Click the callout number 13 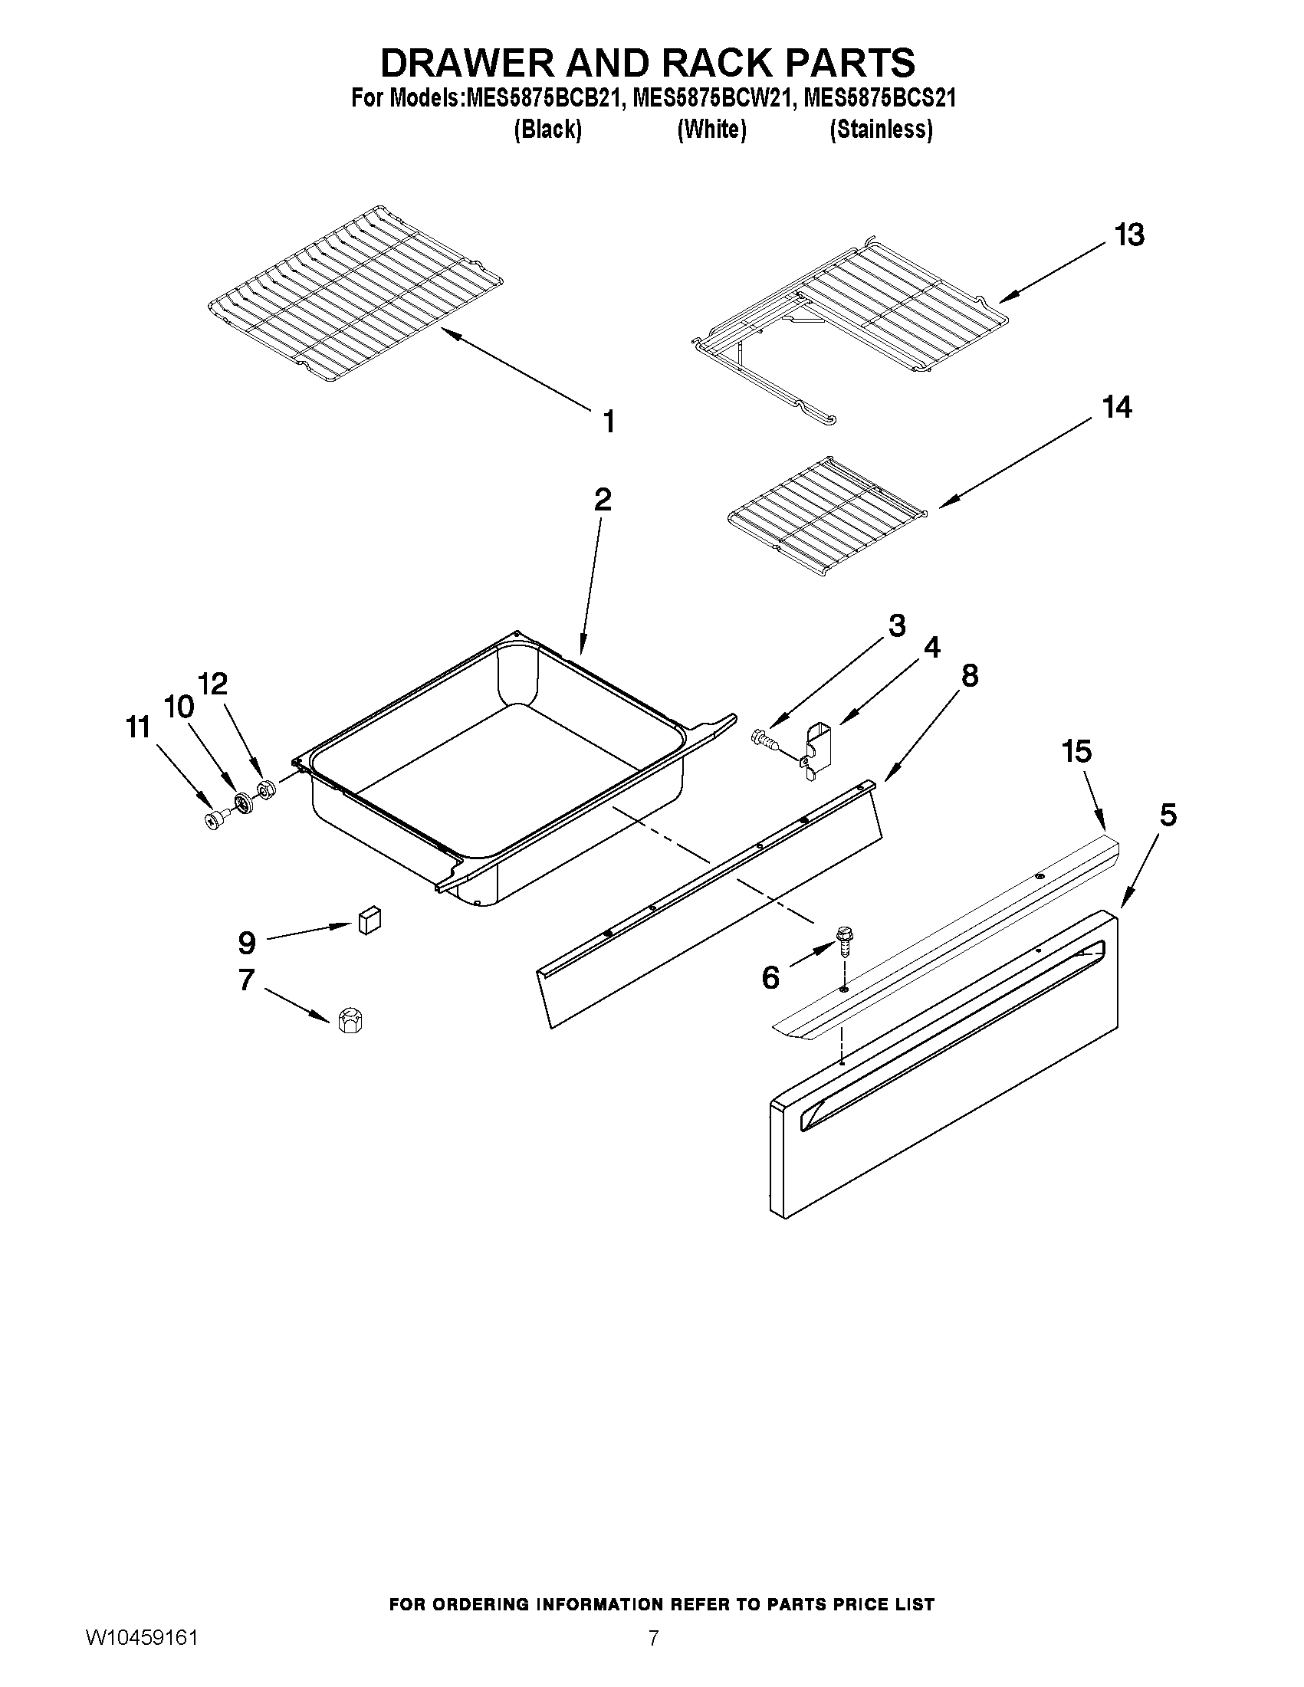point(1128,234)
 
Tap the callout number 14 point(1116,407)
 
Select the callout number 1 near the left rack point(609,422)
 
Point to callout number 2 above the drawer point(603,500)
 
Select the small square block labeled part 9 point(370,921)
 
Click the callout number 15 point(1077,750)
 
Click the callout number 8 point(970,675)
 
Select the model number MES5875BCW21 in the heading point(711,99)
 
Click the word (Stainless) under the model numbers point(881,129)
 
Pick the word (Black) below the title point(547,129)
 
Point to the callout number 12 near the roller point(213,684)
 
